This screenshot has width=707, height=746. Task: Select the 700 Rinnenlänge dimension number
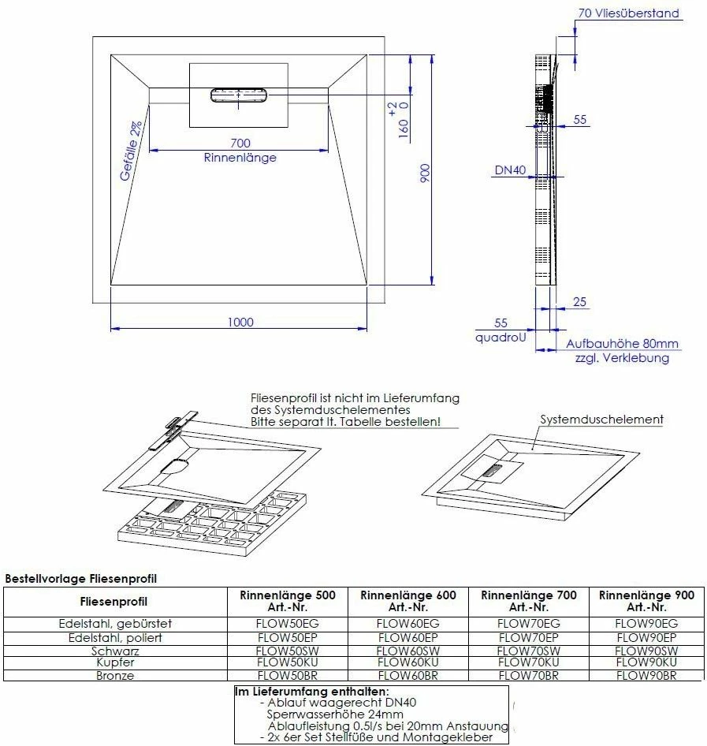240,143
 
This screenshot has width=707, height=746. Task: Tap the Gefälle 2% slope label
132,151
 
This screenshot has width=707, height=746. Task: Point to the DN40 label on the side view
509,170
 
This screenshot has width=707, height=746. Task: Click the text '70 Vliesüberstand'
628,13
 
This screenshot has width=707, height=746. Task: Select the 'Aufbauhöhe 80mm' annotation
622,345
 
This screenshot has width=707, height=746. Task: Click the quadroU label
500,337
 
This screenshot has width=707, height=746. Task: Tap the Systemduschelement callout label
601,420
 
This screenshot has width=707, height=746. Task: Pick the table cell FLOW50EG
287,624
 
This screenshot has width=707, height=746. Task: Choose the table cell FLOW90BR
646,676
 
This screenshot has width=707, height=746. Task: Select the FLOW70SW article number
528,651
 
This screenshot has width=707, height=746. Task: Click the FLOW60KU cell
407,663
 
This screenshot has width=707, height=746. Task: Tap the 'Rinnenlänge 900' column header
646,595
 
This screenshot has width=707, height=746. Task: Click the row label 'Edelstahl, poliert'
115,637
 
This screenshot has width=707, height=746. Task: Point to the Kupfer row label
115,663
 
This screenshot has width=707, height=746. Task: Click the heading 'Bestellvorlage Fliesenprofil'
81,579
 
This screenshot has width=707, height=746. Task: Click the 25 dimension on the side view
579,302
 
